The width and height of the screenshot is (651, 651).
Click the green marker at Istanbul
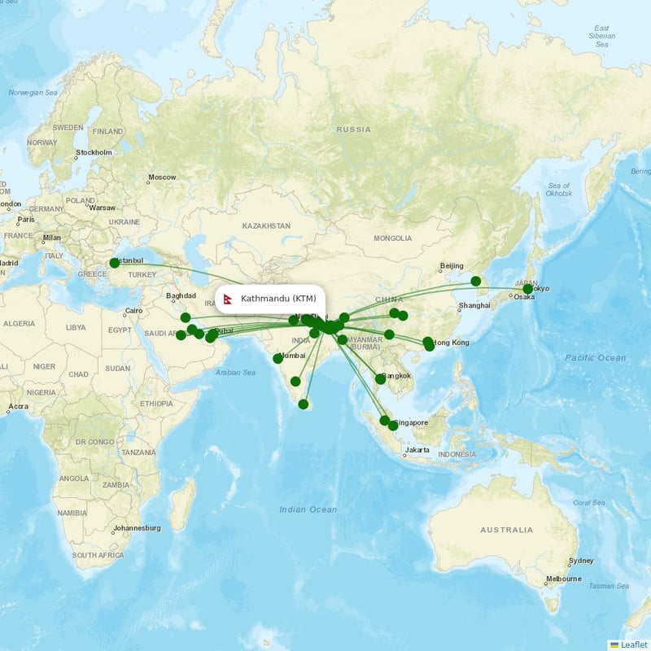click(115, 263)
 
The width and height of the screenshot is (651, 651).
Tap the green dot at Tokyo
click(527, 289)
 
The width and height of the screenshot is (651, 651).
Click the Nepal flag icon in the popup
click(230, 299)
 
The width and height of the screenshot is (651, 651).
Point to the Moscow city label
click(162, 177)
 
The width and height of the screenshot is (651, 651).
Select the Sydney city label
click(582, 561)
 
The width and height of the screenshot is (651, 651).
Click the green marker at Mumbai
click(278, 358)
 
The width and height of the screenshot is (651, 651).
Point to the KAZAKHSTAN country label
click(266, 225)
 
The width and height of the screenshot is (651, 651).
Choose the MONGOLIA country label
click(393, 238)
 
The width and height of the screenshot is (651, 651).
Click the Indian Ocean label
click(308, 509)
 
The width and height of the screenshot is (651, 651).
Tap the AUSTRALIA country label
click(506, 530)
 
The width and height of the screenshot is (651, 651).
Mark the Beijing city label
click(451, 266)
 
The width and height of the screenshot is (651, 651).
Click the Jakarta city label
click(417, 449)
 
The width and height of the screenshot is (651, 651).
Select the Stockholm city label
click(94, 152)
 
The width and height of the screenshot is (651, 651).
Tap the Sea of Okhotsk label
click(558, 190)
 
